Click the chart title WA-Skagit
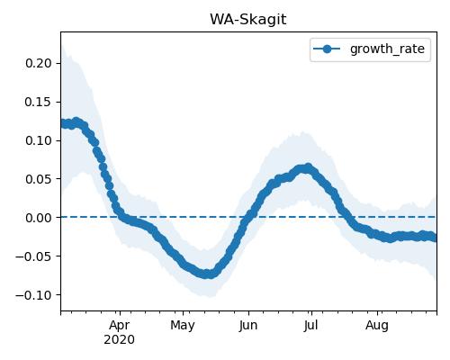248,20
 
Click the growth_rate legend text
387,49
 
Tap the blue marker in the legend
327,49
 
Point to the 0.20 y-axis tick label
39,63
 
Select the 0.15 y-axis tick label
39,102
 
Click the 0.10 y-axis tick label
39,140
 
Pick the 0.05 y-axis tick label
39,179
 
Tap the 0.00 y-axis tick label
39,218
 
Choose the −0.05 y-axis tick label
34,256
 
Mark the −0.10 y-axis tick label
34,295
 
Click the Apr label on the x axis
120,325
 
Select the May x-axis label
183,325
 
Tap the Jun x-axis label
248,325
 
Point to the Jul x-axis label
311,325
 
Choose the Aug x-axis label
377,325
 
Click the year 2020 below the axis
120,340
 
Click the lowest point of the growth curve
206,274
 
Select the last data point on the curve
434,238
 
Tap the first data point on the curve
63,123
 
